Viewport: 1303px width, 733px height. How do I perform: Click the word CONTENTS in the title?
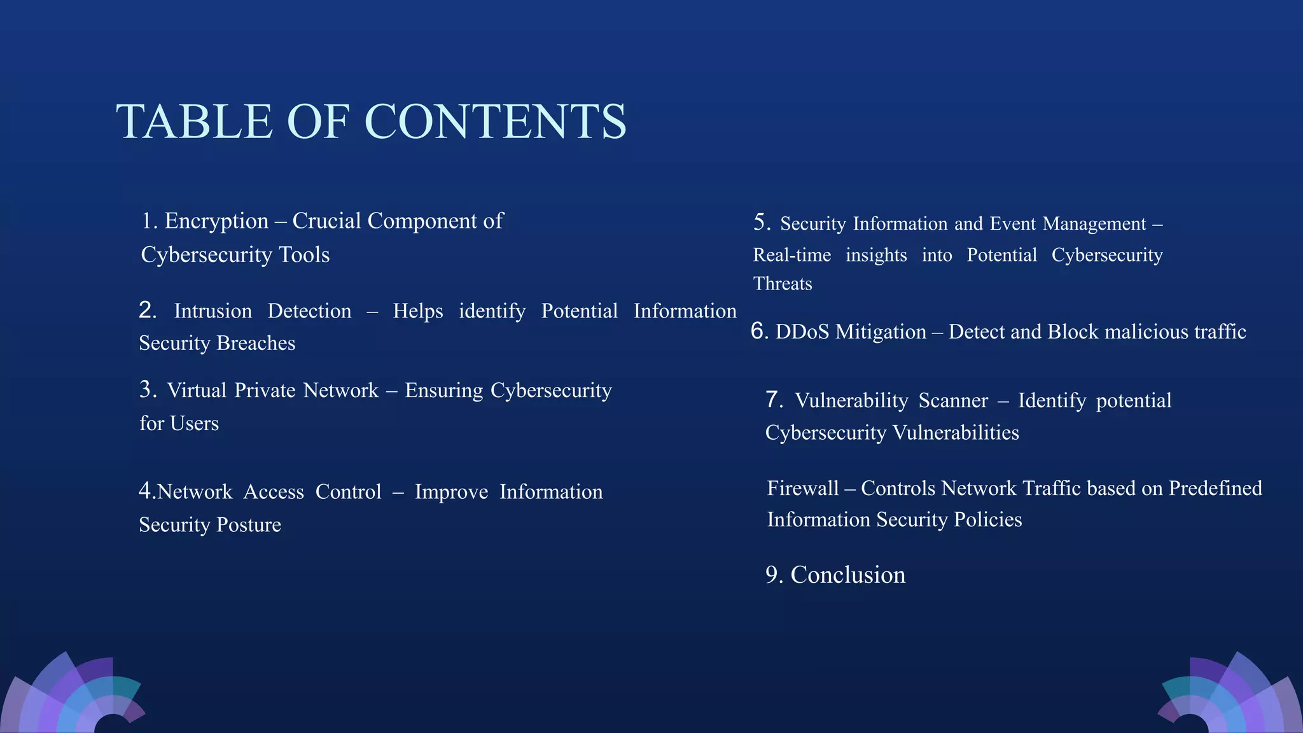496,122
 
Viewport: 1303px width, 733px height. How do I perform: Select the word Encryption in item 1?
216,221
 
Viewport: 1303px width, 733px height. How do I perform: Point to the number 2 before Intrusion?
147,310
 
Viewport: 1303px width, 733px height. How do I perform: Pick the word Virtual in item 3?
197,390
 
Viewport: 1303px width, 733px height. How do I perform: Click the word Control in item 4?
348,492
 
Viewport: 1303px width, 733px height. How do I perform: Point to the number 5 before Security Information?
761,222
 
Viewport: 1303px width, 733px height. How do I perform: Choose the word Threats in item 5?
783,284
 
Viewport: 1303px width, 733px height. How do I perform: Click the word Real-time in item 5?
792,255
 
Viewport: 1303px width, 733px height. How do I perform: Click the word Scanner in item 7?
953,400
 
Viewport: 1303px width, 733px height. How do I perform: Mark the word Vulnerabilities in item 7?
956,433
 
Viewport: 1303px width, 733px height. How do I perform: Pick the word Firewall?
803,488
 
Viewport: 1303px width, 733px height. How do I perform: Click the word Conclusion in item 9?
847,575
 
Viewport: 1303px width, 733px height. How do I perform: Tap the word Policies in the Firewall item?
987,520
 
